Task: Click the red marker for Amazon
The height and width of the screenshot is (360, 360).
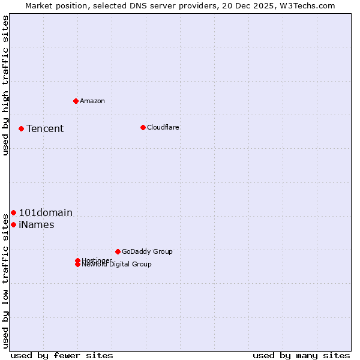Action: (x=76, y=101)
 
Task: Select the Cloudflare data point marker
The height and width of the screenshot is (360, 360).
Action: (x=143, y=127)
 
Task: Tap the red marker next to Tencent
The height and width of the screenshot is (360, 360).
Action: (x=21, y=128)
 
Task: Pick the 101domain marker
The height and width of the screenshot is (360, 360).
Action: (x=13, y=212)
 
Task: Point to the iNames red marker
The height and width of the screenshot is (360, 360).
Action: (x=13, y=224)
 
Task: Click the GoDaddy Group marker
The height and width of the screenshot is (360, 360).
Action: (x=118, y=251)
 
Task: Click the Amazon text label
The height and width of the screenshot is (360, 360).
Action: (x=92, y=101)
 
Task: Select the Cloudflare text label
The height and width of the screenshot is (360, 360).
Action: (x=163, y=127)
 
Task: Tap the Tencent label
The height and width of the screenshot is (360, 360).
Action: (x=45, y=128)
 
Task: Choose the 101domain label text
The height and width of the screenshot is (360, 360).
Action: (x=46, y=212)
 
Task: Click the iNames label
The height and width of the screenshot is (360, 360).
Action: (x=37, y=225)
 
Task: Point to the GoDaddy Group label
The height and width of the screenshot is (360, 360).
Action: (x=147, y=251)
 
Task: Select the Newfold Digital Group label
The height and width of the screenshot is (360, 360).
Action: (x=117, y=265)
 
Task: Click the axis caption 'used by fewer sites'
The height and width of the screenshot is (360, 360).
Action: (x=62, y=355)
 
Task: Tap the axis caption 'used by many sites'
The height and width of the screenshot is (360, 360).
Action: (x=301, y=355)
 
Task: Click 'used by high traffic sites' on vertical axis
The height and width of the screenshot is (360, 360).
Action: (x=5, y=85)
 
